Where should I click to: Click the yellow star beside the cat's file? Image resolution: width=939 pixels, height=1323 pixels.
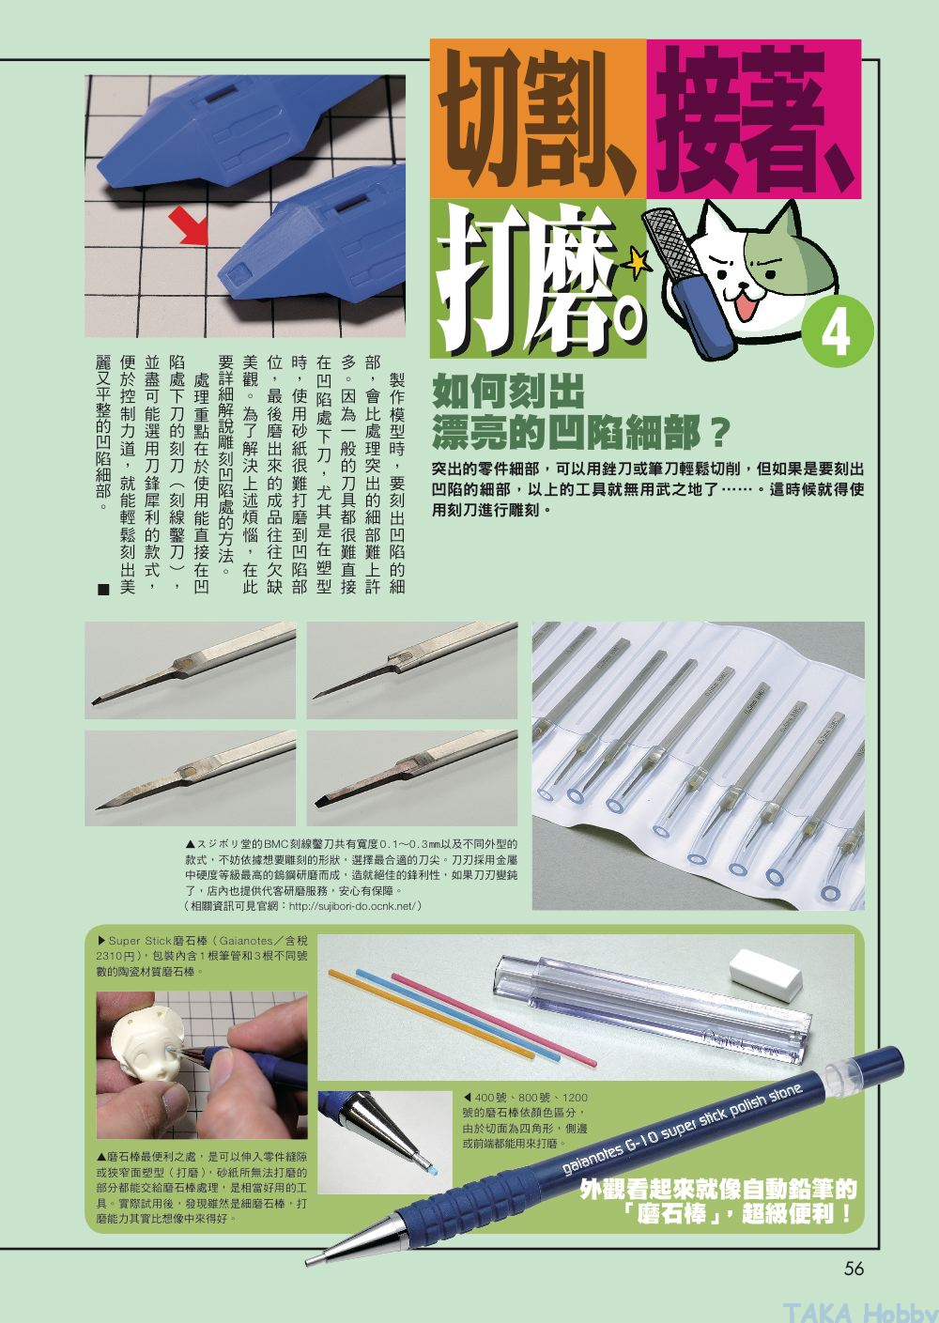coord(638,263)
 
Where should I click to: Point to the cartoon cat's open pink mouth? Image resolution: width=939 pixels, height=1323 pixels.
coord(747,307)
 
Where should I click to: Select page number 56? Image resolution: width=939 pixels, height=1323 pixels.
coord(854,1268)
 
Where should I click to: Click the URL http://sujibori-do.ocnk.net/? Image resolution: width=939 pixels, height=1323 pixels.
coord(352,905)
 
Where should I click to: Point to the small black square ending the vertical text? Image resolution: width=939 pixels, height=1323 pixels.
coord(104,589)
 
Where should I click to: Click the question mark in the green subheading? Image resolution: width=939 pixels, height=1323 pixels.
coord(718,432)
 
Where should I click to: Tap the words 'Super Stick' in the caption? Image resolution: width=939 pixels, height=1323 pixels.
coord(141,940)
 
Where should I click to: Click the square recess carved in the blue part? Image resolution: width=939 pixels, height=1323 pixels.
coord(237,274)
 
